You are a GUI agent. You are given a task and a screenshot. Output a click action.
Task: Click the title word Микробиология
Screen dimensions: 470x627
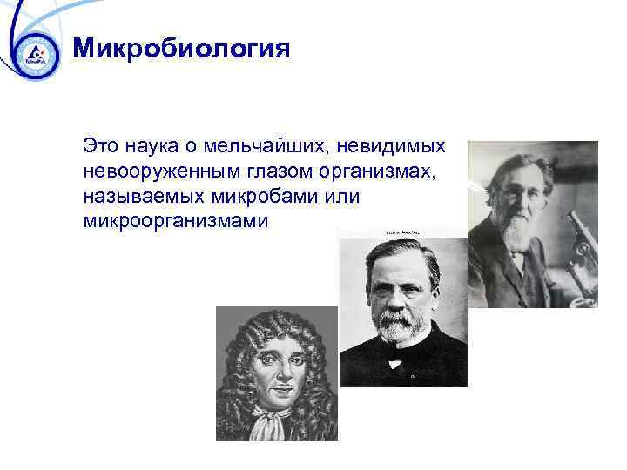pos(181,47)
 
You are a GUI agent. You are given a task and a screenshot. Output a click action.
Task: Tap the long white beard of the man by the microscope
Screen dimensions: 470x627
pos(519,231)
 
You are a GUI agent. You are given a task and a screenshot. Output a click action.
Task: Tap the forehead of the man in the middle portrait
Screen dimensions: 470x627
pos(394,261)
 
